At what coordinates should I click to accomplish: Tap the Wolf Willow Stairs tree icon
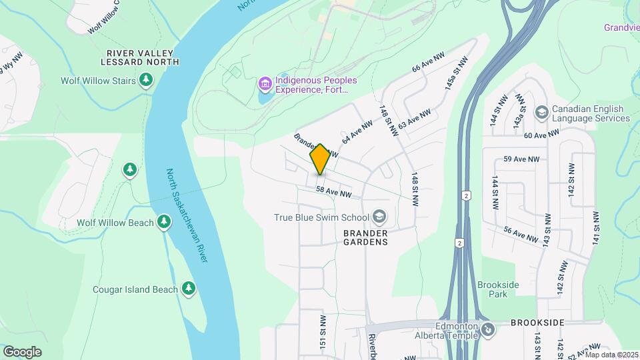click(146, 81)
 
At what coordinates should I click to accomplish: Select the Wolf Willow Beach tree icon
click(164, 222)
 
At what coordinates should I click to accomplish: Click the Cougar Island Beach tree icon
click(189, 289)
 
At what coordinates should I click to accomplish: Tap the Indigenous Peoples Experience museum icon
click(265, 85)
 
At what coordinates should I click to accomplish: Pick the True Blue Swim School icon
click(379, 217)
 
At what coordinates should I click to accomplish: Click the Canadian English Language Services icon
click(541, 110)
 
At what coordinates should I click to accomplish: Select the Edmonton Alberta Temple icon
click(488, 330)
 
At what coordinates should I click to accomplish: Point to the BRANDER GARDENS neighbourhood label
click(365, 237)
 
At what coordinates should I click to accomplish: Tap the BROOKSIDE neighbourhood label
click(537, 323)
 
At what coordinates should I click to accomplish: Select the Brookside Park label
click(498, 289)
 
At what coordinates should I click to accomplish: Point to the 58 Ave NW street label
click(333, 192)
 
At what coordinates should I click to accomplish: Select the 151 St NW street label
click(323, 331)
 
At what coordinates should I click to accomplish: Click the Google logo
click(22, 352)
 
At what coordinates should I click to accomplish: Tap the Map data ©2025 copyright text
click(611, 355)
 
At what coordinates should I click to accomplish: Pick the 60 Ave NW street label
click(542, 135)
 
